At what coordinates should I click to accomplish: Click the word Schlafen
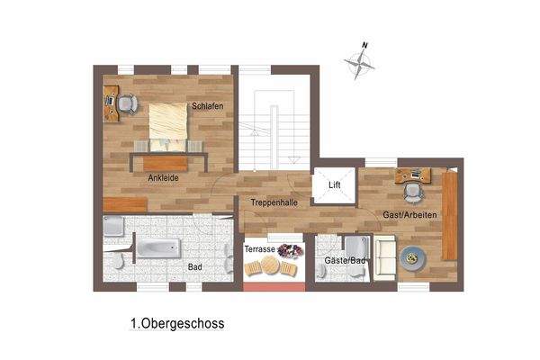click(x=206, y=107)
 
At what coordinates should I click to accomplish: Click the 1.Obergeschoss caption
click(x=176, y=322)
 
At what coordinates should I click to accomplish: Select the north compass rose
click(x=360, y=61)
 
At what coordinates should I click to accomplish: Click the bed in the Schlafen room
click(x=168, y=124)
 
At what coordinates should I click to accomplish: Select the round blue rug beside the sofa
click(x=415, y=258)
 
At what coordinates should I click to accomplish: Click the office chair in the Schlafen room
click(x=126, y=105)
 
